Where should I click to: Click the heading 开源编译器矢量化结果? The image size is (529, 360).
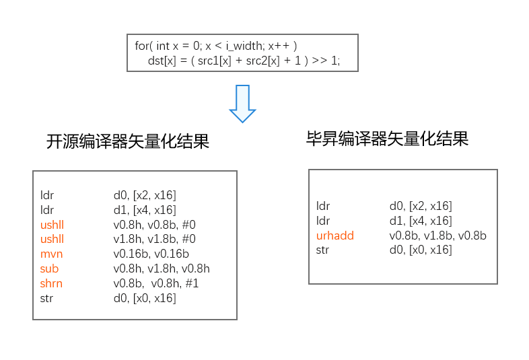tap(127, 142)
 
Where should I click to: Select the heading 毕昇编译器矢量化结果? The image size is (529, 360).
tap(387, 139)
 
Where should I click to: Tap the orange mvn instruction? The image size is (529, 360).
tap(51, 254)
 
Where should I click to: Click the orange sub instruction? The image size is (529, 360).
tap(49, 268)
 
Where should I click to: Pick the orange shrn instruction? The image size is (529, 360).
tap(51, 283)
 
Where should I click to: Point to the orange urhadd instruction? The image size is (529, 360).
tap(334, 236)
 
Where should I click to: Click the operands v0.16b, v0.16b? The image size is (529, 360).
tap(151, 254)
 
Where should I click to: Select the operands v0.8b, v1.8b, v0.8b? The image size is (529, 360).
tap(437, 236)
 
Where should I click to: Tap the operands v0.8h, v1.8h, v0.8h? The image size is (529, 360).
tap(162, 268)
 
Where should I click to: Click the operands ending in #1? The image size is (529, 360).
tap(156, 283)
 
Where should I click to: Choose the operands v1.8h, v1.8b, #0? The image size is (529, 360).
tap(154, 239)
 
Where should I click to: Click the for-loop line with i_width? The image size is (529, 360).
tap(215, 46)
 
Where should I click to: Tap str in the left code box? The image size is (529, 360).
tap(46, 298)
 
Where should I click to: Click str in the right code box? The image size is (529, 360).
tap(322, 250)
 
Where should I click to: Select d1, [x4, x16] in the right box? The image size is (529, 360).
tap(421, 221)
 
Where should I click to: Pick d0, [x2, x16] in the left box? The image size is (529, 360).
tap(145, 195)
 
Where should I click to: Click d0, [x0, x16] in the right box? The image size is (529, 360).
tap(421, 250)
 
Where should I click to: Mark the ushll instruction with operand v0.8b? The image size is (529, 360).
tap(52, 224)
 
